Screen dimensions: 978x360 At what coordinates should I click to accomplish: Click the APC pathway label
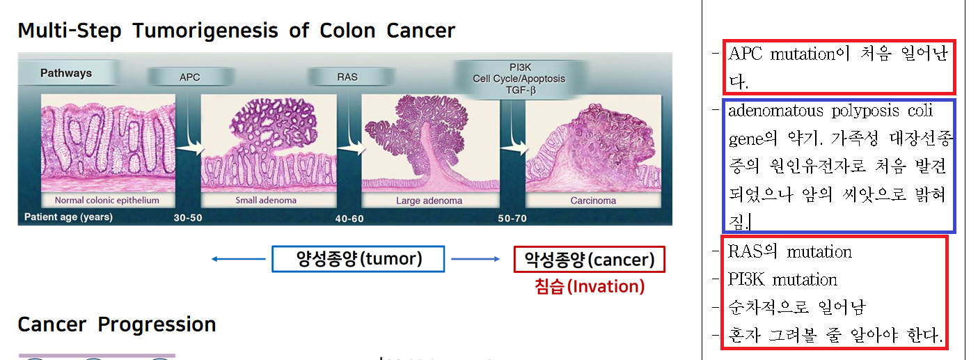[189, 77]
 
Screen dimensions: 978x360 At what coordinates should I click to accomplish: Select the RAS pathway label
[347, 77]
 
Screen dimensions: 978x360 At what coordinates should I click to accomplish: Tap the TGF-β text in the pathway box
[521, 91]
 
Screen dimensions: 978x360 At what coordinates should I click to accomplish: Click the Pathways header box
[66, 73]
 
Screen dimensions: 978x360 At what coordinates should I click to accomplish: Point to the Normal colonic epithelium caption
[107, 200]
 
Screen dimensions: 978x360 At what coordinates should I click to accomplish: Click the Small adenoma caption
[266, 200]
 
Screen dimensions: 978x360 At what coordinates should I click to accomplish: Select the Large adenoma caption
[429, 201]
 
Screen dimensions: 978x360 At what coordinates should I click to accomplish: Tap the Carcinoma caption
[593, 201]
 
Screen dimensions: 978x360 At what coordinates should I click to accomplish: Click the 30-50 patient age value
[188, 217]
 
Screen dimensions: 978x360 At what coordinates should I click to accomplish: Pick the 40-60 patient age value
[349, 219]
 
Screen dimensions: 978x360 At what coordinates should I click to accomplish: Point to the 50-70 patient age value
[512, 218]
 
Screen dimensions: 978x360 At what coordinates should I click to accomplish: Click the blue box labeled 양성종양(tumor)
[358, 259]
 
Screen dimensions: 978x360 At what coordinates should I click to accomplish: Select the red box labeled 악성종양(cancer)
[590, 260]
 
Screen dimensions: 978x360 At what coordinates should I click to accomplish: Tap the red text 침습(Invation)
[590, 287]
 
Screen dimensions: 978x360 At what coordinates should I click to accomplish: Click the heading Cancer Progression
[116, 324]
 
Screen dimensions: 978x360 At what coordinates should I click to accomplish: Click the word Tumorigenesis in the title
[205, 31]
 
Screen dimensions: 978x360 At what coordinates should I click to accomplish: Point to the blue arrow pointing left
[238, 259]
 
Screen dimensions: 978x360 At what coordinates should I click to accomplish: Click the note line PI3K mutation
[782, 280]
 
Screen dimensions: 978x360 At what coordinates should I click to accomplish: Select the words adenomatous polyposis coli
[830, 111]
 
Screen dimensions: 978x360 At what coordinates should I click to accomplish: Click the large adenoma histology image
[430, 143]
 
